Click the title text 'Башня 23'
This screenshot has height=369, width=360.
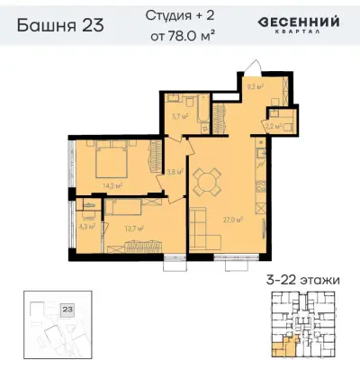click(x=60, y=25)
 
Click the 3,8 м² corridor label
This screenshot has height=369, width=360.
click(x=175, y=171)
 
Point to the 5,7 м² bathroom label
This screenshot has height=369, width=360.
click(x=179, y=115)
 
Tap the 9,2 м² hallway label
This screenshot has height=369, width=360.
click(x=255, y=88)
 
